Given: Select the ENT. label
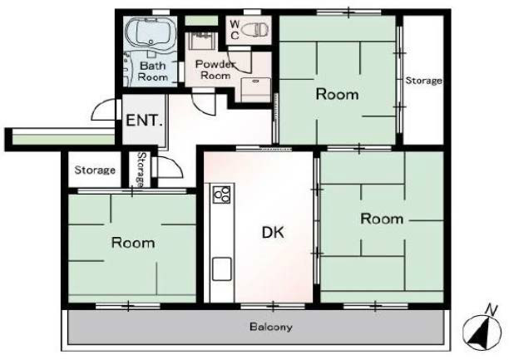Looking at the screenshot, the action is click(144, 121).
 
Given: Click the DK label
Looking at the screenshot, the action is click(273, 233).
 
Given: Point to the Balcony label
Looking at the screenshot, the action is click(271, 327).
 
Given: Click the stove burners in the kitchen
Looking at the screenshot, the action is click(222, 195).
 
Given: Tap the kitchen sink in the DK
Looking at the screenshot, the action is click(222, 269).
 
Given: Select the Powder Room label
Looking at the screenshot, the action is click(215, 70).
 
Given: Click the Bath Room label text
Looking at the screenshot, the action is click(152, 72).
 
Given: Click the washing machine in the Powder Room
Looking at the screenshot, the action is click(256, 90).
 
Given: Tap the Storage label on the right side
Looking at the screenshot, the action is click(423, 81).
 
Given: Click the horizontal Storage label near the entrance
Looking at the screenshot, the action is click(95, 170).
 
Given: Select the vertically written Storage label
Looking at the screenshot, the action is click(141, 170).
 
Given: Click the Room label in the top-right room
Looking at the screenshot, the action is click(338, 95).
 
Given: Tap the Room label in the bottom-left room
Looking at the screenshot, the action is click(133, 243).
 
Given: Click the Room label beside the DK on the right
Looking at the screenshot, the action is click(382, 219).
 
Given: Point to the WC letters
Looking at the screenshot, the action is click(235, 30).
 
